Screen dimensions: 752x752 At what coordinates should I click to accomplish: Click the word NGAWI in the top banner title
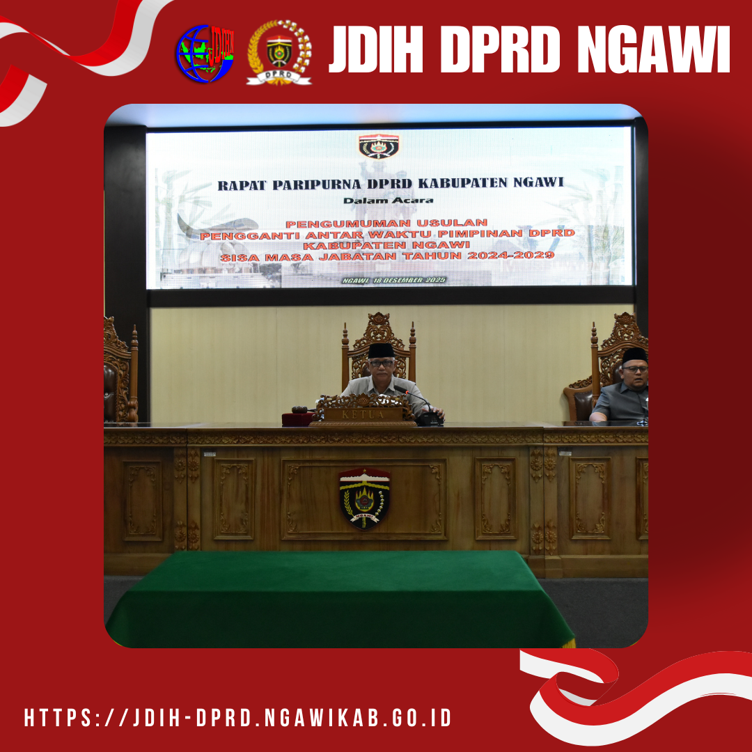pyautogui.click(x=653, y=49)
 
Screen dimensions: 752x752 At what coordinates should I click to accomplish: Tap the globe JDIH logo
pyautogui.click(x=205, y=53)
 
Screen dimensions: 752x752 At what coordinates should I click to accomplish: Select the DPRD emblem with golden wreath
pyautogui.click(x=279, y=53)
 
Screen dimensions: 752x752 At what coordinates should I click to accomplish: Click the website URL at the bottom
pyautogui.click(x=238, y=717)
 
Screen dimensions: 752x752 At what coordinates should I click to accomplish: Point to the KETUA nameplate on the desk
pyautogui.click(x=363, y=414)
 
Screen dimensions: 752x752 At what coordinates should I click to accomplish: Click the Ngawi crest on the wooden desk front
pyautogui.click(x=364, y=499)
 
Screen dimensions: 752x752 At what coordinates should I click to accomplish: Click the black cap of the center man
pyautogui.click(x=382, y=350)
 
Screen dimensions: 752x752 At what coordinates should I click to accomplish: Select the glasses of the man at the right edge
pyautogui.click(x=635, y=368)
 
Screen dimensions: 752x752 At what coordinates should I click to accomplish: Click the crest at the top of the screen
pyautogui.click(x=379, y=146)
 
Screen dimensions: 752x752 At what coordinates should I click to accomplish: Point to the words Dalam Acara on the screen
pyautogui.click(x=388, y=201)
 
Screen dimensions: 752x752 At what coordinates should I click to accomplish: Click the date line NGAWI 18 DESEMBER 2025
pyautogui.click(x=393, y=280)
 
